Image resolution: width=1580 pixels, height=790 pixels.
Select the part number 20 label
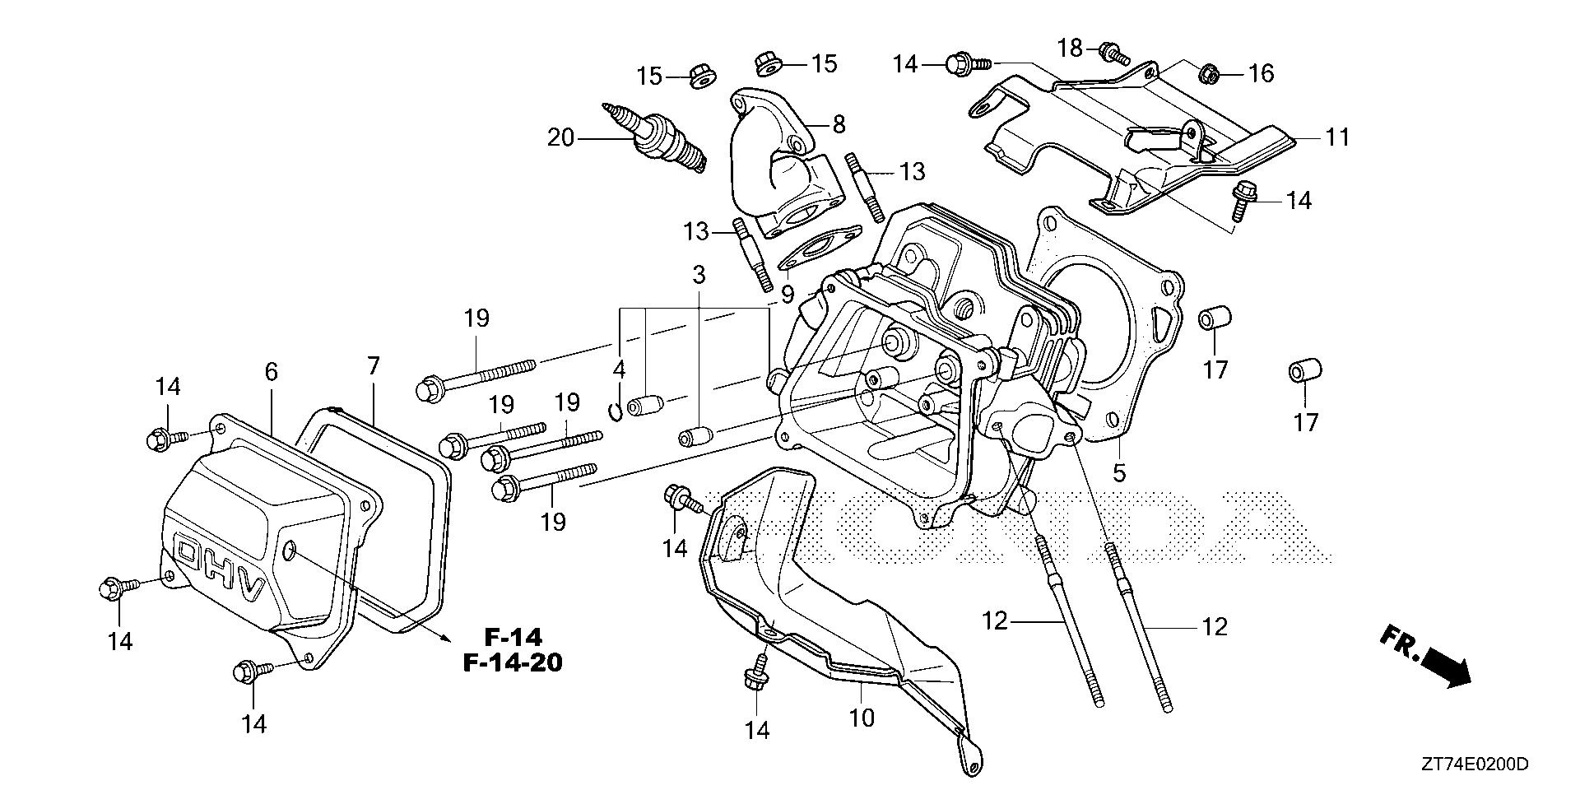click(560, 137)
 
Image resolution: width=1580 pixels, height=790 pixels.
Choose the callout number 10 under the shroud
click(862, 718)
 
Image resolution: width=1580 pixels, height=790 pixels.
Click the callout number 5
click(1119, 473)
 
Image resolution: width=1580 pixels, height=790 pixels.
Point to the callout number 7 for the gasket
click(374, 367)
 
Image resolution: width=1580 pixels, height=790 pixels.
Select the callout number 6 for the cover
click(271, 372)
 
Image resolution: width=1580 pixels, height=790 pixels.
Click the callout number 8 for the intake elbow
click(839, 124)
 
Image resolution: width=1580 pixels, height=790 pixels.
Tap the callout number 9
click(788, 294)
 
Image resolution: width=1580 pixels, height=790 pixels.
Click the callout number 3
click(699, 275)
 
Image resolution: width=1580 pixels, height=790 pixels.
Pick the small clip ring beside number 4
click(615, 409)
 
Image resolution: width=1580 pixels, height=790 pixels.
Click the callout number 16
click(1261, 74)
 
